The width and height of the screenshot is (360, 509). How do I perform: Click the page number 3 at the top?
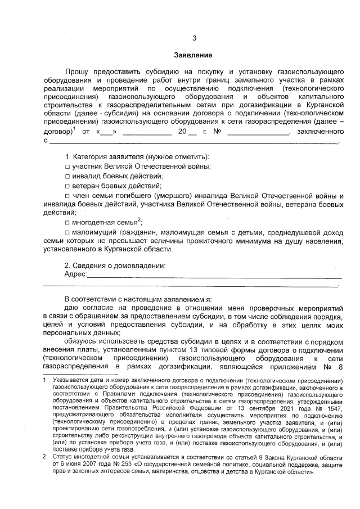pos(194,38)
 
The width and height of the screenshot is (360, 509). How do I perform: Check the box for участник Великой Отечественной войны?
pos(67,167)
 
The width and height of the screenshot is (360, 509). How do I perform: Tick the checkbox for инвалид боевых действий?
pos(67,177)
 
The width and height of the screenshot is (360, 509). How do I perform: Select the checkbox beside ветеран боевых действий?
pos(67,186)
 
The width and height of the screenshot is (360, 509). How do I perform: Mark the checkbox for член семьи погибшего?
pos(67,195)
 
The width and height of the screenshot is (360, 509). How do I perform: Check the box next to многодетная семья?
pos(67,223)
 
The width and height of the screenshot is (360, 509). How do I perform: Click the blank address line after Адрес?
pos(214,275)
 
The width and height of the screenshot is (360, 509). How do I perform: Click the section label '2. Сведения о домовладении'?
pos(115,265)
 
